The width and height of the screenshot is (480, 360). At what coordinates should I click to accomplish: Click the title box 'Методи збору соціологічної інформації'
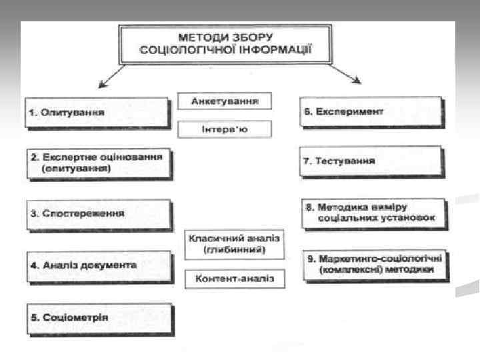[x=225, y=43]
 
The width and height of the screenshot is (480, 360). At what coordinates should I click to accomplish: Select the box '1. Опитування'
[x=97, y=112]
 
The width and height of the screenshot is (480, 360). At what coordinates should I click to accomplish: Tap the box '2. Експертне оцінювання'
[x=99, y=163]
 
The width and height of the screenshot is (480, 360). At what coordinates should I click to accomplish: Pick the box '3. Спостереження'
[x=99, y=214]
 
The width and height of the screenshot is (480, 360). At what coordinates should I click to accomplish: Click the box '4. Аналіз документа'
[x=99, y=265]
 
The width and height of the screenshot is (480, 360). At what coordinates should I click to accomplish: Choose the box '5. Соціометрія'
[x=99, y=317]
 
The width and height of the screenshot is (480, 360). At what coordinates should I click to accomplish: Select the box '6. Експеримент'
[x=371, y=112]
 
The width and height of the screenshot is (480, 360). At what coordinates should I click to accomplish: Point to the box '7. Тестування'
[x=371, y=161]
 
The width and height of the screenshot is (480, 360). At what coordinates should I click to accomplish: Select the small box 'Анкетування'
[x=226, y=101]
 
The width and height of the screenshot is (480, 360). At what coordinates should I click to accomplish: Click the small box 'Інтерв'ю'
[x=225, y=129]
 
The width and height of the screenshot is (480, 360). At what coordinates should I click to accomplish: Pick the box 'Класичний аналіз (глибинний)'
[x=235, y=244]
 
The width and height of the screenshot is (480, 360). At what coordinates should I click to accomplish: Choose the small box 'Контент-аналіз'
[x=235, y=279]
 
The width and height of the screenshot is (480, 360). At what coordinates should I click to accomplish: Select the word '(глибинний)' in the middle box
[x=235, y=250]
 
